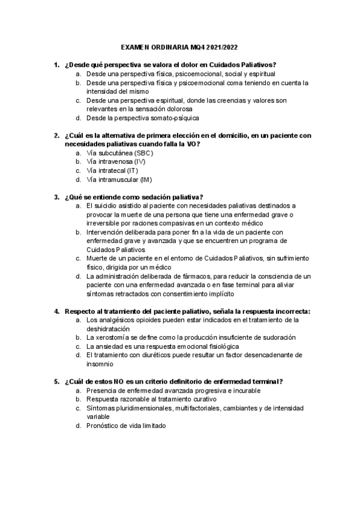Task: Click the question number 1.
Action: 56,64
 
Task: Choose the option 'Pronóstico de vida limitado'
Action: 126,426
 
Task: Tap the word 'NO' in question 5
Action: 119,381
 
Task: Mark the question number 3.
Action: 56,197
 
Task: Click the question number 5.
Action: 56,381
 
